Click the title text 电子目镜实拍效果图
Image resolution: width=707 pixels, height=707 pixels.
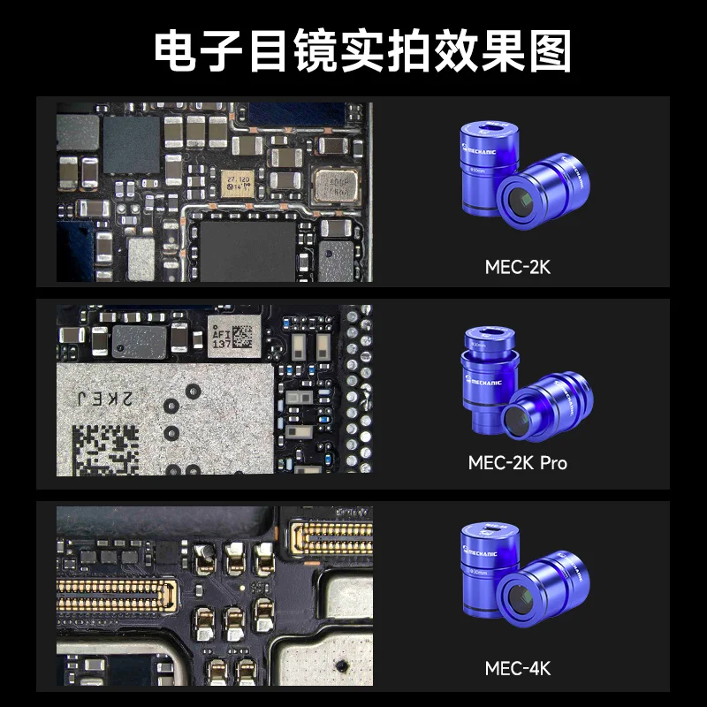pos(362,49)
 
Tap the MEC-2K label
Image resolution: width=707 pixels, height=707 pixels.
pos(517,267)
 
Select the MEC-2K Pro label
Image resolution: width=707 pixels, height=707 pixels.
pos(517,462)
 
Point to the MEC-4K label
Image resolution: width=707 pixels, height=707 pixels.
pos(517,668)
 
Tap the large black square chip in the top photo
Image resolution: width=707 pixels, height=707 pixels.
pos(247,250)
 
